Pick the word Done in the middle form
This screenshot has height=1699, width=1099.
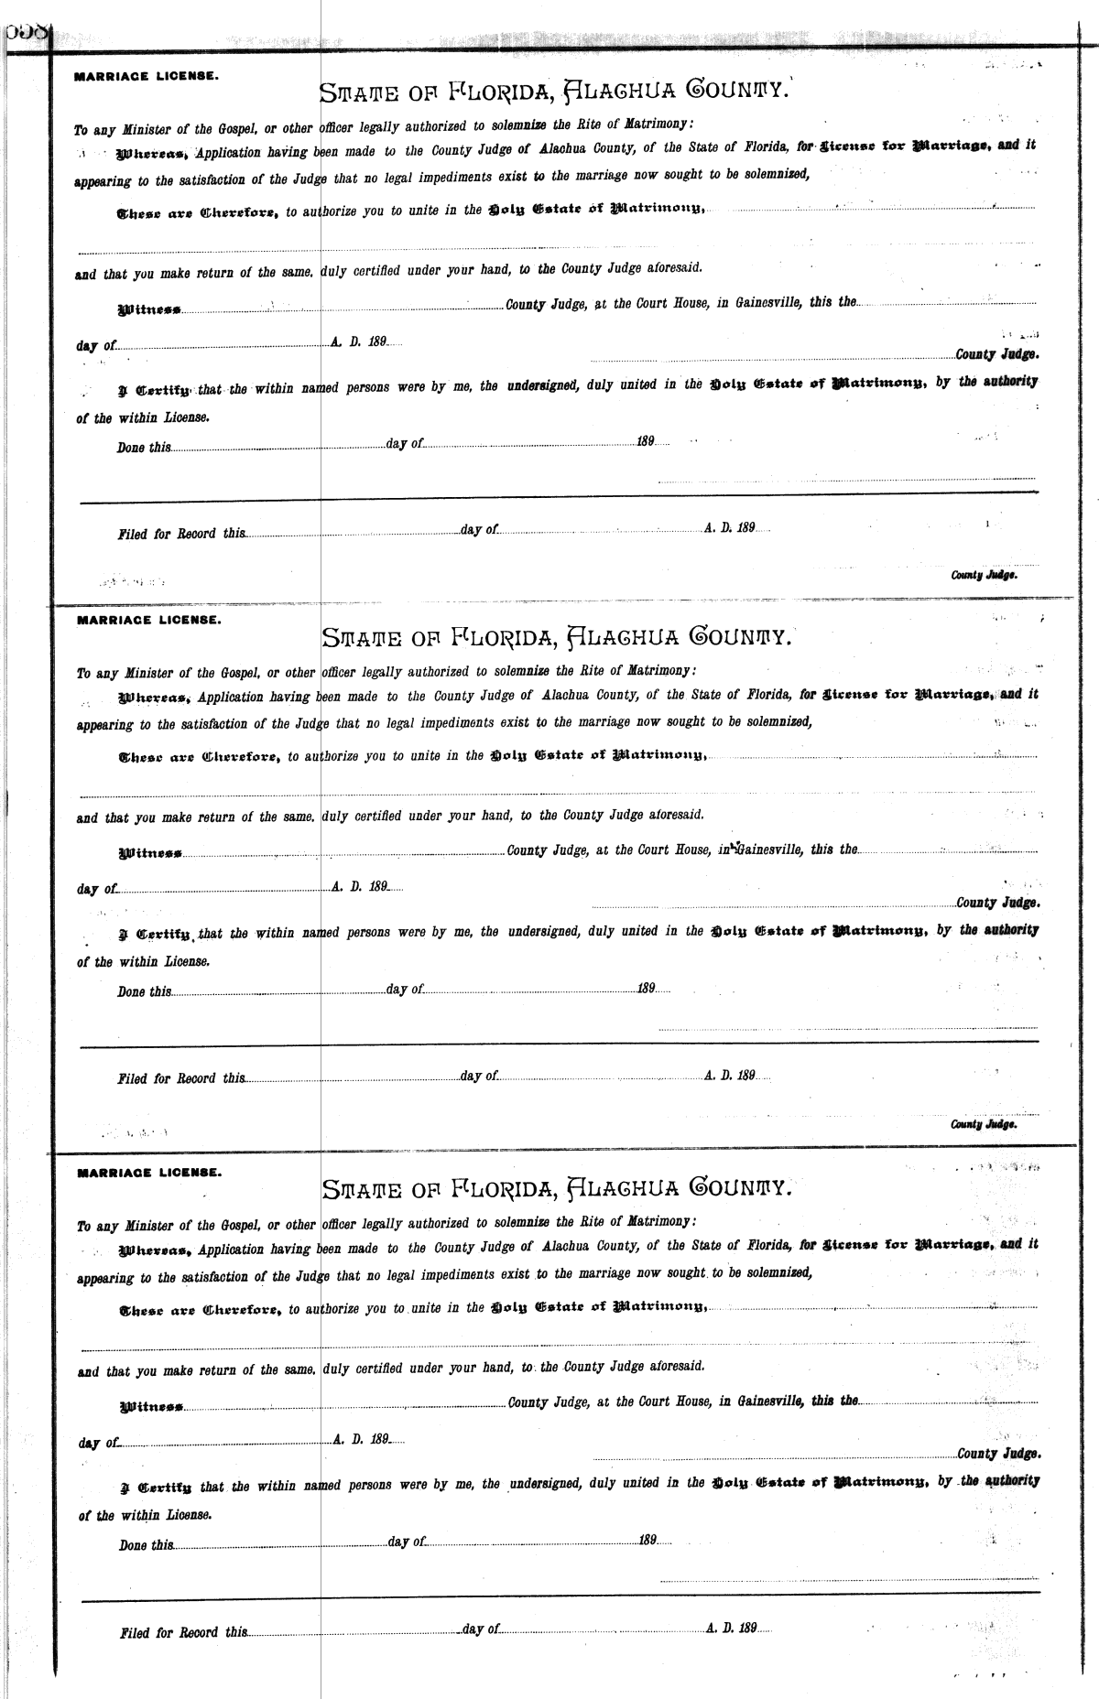(x=131, y=991)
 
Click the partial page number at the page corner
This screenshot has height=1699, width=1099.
(x=26, y=33)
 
